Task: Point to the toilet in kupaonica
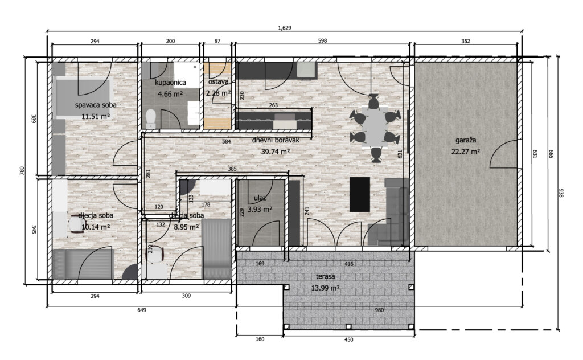coord(151,118)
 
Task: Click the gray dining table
coord(373,126)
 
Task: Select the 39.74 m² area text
coord(276,152)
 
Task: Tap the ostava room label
coord(218,83)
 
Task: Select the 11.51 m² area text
coord(95,116)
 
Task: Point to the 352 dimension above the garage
coord(466,41)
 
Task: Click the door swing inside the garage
coord(504,154)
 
